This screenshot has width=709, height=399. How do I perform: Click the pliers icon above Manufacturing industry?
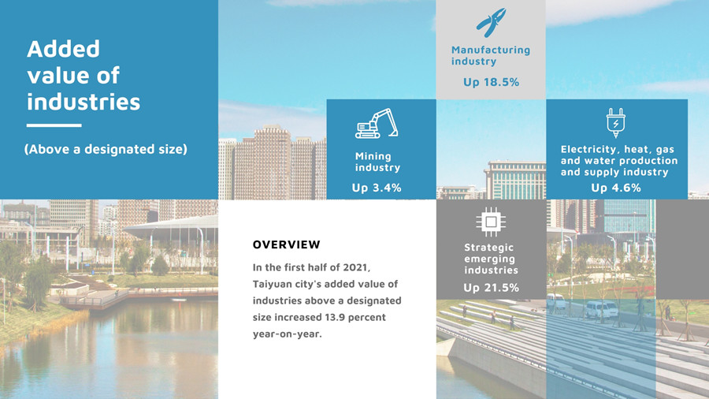coord(491,22)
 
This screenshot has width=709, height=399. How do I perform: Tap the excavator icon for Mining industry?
coord(377,123)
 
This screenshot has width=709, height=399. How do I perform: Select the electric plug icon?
coord(615,122)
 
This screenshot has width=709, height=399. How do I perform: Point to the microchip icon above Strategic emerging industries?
coord(491,222)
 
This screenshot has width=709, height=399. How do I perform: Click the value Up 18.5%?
coord(491,82)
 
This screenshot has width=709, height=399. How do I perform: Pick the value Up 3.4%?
coord(377,188)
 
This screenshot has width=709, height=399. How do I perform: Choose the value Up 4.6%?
coord(616,188)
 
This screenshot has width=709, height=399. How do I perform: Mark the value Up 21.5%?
coord(491,288)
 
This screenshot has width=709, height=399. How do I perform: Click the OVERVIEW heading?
coord(286,244)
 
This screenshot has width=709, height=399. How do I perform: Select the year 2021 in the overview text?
coord(356,267)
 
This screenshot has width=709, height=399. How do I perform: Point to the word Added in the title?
coord(63,49)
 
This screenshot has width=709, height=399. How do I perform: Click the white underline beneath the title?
coord(54,125)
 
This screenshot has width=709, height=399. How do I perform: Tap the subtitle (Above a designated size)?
coord(106,149)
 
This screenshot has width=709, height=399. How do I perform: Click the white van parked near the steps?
coord(601,309)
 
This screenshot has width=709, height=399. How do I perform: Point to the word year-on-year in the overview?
coord(287,334)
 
